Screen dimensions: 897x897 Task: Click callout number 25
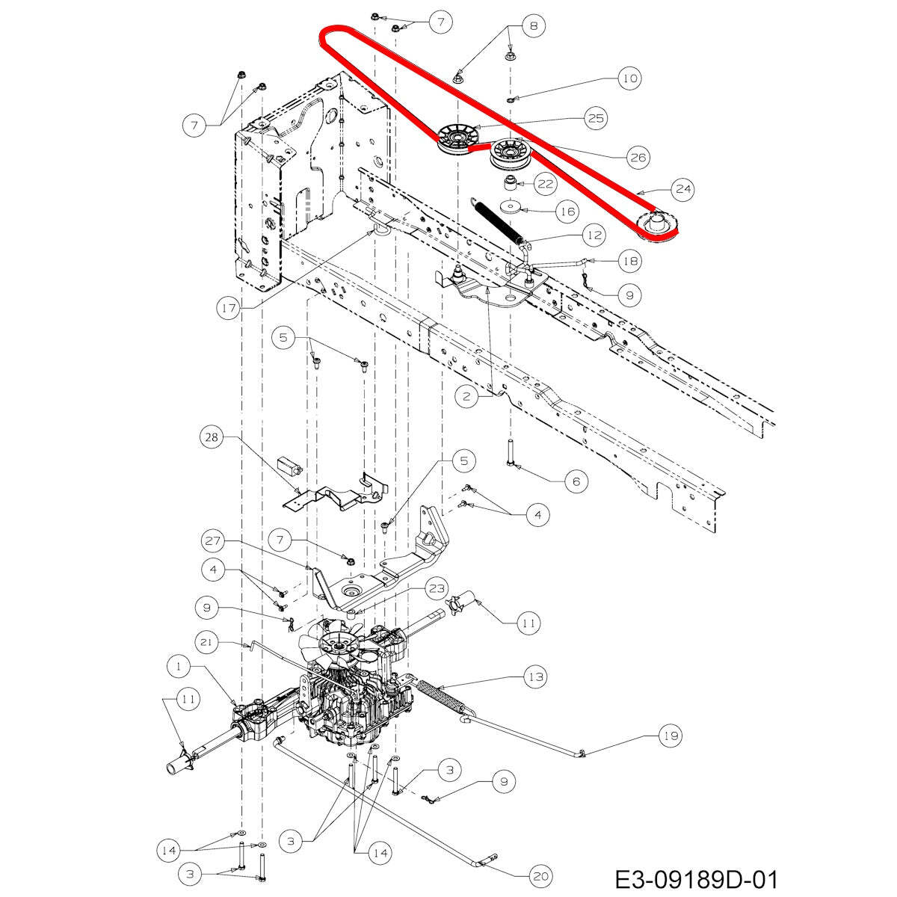[596, 118]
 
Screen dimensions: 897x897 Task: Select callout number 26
[637, 157]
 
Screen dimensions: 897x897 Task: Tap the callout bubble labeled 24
[682, 189]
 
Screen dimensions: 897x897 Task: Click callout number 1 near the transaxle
[179, 665]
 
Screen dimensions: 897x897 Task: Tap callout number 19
[671, 736]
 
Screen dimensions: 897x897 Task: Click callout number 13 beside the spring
[534, 677]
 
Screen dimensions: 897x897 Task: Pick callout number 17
[229, 307]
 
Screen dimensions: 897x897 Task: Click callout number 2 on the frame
[466, 397]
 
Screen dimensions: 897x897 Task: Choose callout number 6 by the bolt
[576, 481]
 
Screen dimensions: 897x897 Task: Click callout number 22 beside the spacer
[544, 183]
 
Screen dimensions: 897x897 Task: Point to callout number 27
[212, 540]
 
